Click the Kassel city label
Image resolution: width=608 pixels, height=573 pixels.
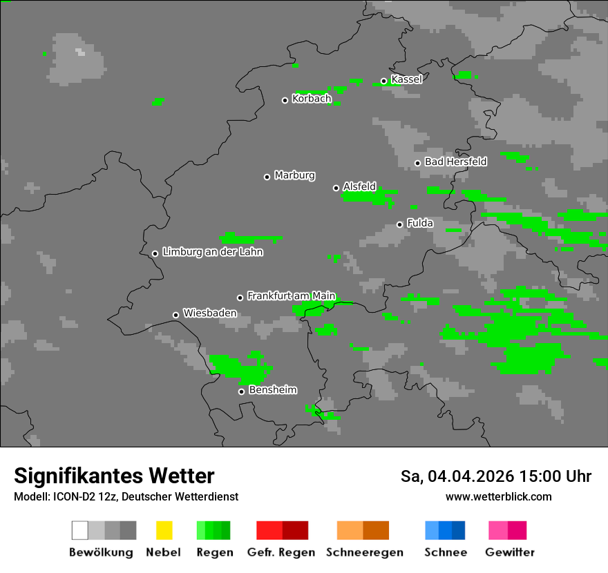point(406,79)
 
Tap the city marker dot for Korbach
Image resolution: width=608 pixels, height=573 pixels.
point(285,100)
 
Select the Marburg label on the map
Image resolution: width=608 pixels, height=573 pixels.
point(294,175)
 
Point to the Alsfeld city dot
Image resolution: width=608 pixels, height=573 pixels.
point(336,188)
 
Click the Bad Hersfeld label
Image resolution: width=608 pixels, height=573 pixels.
point(455,162)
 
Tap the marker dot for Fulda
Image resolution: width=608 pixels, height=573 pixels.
point(399,224)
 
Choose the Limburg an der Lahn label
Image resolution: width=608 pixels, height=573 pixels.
point(212,252)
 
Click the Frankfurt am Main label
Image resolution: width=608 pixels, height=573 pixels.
point(291,296)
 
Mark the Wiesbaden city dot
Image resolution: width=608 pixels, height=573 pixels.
point(175,315)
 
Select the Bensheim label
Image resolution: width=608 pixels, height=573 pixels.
point(272,390)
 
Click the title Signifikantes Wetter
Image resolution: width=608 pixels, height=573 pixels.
point(114,476)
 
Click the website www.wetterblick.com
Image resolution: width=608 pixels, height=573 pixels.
point(498,497)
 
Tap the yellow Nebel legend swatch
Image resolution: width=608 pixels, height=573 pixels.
point(164,530)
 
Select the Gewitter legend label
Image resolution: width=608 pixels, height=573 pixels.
point(509,552)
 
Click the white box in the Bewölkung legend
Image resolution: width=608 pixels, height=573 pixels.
point(80,530)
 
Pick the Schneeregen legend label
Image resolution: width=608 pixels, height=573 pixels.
point(364,552)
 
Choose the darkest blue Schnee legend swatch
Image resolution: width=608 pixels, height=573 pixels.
point(459,530)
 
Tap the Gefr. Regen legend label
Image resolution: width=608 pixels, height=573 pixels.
point(281,552)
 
